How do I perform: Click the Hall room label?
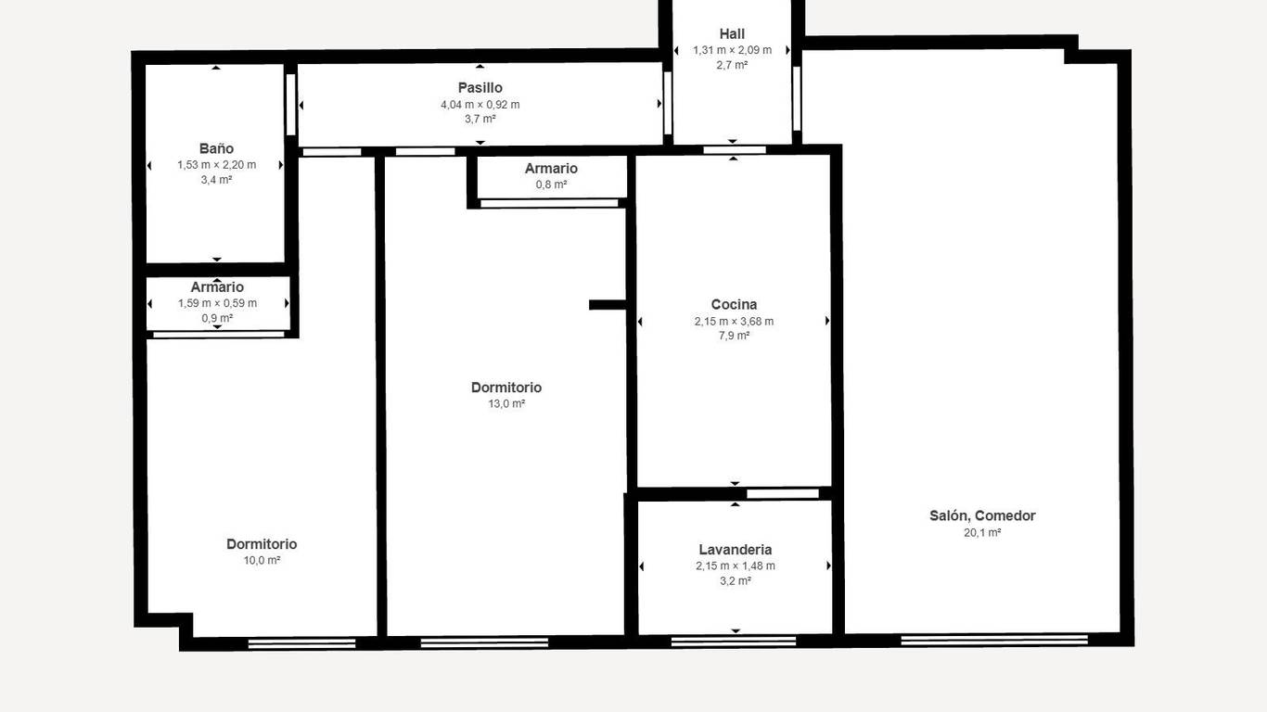click(732, 34)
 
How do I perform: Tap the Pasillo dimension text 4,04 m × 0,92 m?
click(480, 105)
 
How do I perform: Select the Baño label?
click(216, 148)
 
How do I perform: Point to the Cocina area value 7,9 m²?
click(735, 336)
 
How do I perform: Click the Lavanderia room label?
click(736, 550)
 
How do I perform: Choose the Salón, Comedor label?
click(982, 515)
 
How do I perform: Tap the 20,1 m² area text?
click(982, 533)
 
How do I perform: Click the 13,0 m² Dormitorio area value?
click(506, 404)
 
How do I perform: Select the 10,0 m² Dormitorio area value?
click(262, 561)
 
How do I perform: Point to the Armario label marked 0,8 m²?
click(551, 169)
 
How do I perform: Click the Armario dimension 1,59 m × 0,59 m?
click(217, 303)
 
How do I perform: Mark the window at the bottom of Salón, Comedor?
click(994, 641)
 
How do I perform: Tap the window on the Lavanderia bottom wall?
click(734, 642)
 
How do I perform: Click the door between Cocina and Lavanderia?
click(783, 494)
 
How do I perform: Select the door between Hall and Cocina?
click(735, 150)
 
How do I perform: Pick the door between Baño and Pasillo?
click(290, 105)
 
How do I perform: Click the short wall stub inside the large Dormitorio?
click(608, 305)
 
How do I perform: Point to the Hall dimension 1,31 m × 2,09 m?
click(733, 50)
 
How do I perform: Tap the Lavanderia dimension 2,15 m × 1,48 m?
click(736, 566)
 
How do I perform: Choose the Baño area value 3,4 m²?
click(217, 180)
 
